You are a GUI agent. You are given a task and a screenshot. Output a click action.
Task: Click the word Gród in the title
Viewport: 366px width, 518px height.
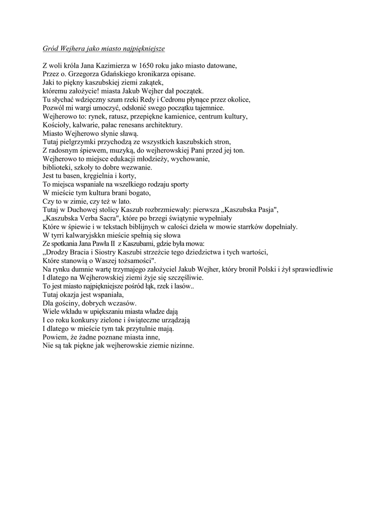pyautogui.click(x=50, y=49)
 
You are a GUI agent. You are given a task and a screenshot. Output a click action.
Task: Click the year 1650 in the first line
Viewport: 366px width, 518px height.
pyautogui.click(x=147, y=66)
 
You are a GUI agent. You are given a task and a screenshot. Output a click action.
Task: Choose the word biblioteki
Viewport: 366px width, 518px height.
pyautogui.click(x=57, y=167)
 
